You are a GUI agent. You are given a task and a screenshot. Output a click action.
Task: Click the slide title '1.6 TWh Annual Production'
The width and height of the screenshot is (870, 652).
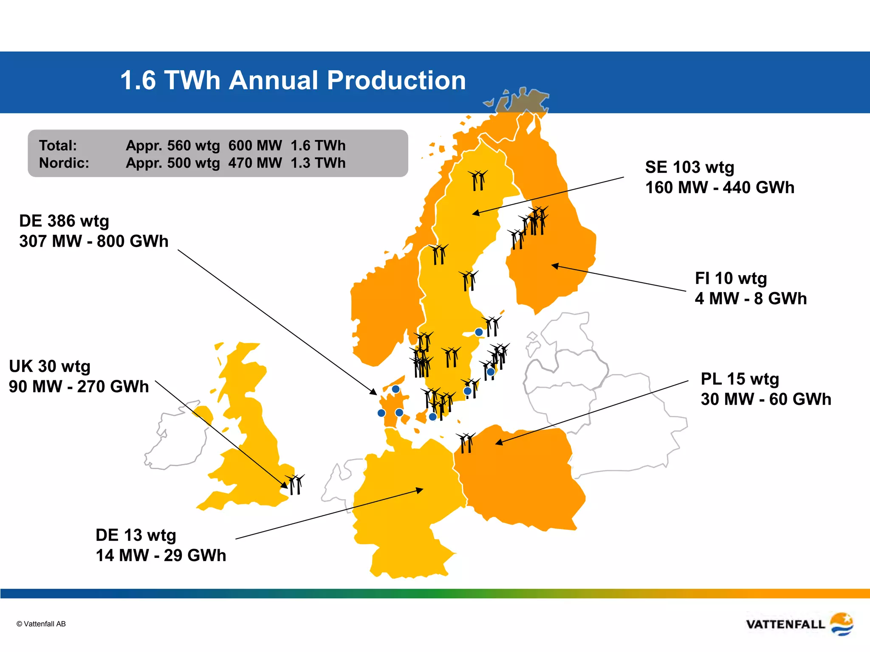293,80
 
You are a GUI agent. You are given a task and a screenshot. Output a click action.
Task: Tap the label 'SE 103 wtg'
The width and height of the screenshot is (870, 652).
689,167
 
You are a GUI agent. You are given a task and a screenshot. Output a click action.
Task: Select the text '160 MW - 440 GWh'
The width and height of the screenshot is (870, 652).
720,188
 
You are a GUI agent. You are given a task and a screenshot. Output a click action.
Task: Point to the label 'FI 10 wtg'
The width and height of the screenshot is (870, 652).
731,278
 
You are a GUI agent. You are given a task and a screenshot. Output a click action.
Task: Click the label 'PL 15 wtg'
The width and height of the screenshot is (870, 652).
740,379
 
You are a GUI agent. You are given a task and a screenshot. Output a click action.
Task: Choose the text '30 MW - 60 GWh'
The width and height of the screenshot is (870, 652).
765,399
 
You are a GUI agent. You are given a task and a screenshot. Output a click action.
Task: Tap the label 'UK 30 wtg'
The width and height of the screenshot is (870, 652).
50,366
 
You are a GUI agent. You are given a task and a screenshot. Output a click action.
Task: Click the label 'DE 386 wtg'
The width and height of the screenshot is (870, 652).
64,221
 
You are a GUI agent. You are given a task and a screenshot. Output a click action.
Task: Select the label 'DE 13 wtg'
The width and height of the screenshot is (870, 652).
136,535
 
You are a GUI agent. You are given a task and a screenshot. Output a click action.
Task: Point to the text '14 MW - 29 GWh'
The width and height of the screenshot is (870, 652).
161,556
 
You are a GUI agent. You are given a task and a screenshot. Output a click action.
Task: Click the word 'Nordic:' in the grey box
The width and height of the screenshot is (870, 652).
64,163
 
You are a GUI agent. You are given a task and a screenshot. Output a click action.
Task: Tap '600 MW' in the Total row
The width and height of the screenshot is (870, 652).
255,146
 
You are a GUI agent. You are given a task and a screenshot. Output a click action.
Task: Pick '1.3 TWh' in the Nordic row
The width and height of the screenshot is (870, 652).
318,163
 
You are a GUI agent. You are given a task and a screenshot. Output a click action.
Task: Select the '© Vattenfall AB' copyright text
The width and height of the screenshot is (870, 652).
41,624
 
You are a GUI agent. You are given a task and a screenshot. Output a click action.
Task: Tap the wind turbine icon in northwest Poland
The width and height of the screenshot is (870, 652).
466,443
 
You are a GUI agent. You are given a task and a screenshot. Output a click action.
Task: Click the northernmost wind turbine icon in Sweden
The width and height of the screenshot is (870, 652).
478,180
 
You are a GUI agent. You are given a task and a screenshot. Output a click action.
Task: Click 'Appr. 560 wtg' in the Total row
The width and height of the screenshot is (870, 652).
173,146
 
